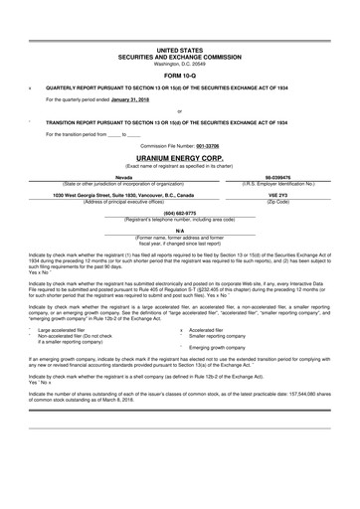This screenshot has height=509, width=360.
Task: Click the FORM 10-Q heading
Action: (x=179, y=74)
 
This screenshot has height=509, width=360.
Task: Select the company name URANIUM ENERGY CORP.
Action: (x=179, y=158)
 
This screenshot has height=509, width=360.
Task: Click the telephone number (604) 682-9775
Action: (x=179, y=213)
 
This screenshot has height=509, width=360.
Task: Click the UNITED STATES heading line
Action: (x=179, y=49)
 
